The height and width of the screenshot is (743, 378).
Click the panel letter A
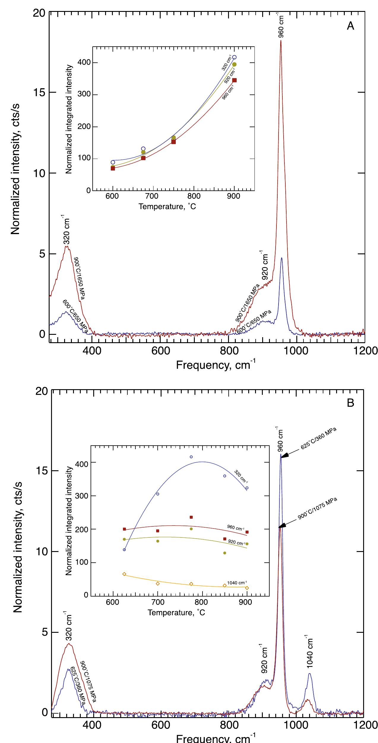tap(350, 26)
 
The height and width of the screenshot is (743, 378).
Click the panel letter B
tap(350, 403)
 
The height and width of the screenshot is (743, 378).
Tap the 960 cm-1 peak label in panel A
tap(281, 26)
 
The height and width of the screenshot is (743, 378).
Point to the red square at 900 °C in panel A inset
tap(234, 80)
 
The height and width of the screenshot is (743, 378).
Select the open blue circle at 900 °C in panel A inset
tap(234, 57)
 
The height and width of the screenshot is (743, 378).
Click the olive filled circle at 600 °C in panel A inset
tap(113, 167)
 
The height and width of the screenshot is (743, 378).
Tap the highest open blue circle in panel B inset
tap(191, 457)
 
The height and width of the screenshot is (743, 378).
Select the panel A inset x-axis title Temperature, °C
tap(167, 206)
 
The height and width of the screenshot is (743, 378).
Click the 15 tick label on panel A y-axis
tap(38, 92)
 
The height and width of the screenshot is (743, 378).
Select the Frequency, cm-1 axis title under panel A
tap(216, 365)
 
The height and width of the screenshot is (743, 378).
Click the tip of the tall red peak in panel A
tap(281, 41)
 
